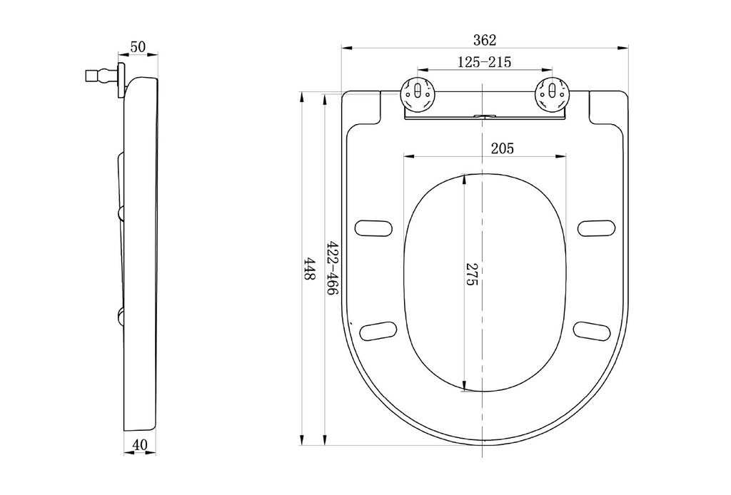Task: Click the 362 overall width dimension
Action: (x=485, y=41)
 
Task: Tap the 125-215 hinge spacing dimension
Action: (x=484, y=62)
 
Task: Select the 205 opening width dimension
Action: (x=502, y=148)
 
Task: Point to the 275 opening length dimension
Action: (x=473, y=275)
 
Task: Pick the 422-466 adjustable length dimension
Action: (x=332, y=268)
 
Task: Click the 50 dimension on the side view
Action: (x=138, y=47)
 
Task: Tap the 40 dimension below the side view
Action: (x=139, y=445)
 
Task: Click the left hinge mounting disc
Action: (x=418, y=95)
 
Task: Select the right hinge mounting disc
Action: (x=552, y=95)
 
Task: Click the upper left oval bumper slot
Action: (x=373, y=228)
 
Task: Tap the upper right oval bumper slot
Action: (x=597, y=228)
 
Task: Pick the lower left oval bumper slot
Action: (x=378, y=331)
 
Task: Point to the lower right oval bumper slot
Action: (x=592, y=331)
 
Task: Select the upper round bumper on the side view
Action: (x=121, y=213)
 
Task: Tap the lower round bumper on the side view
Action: (x=121, y=317)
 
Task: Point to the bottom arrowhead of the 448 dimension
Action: (x=302, y=439)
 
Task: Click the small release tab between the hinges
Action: (x=485, y=115)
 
